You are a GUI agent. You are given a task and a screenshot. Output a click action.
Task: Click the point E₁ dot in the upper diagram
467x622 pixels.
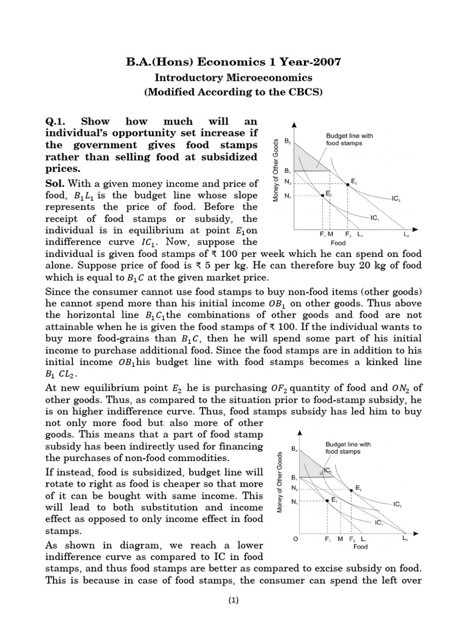coord(322,196)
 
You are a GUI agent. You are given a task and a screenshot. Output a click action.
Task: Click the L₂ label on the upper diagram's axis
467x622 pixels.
coord(406,234)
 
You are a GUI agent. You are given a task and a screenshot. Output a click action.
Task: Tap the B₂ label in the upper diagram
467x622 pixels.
coord(288,142)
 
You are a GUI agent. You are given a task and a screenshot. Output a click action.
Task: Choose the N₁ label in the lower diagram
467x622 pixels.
coord(295,501)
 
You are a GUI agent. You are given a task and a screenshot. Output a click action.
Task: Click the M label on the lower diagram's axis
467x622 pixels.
coord(340,539)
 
